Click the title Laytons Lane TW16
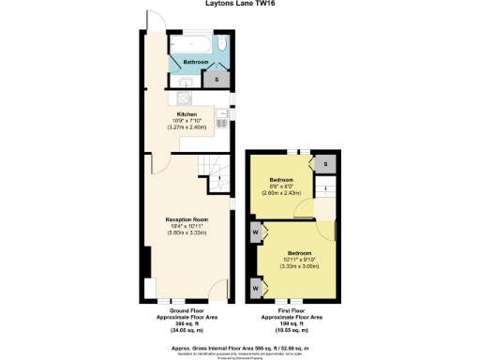pos(239,4)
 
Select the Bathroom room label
pos(196,63)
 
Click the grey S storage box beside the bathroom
pos(218,80)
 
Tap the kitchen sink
pos(221,118)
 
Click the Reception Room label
pos(187,217)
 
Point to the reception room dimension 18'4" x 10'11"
pos(187,225)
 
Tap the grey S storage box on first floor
pos(326,165)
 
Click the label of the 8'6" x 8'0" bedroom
pos(282,179)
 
